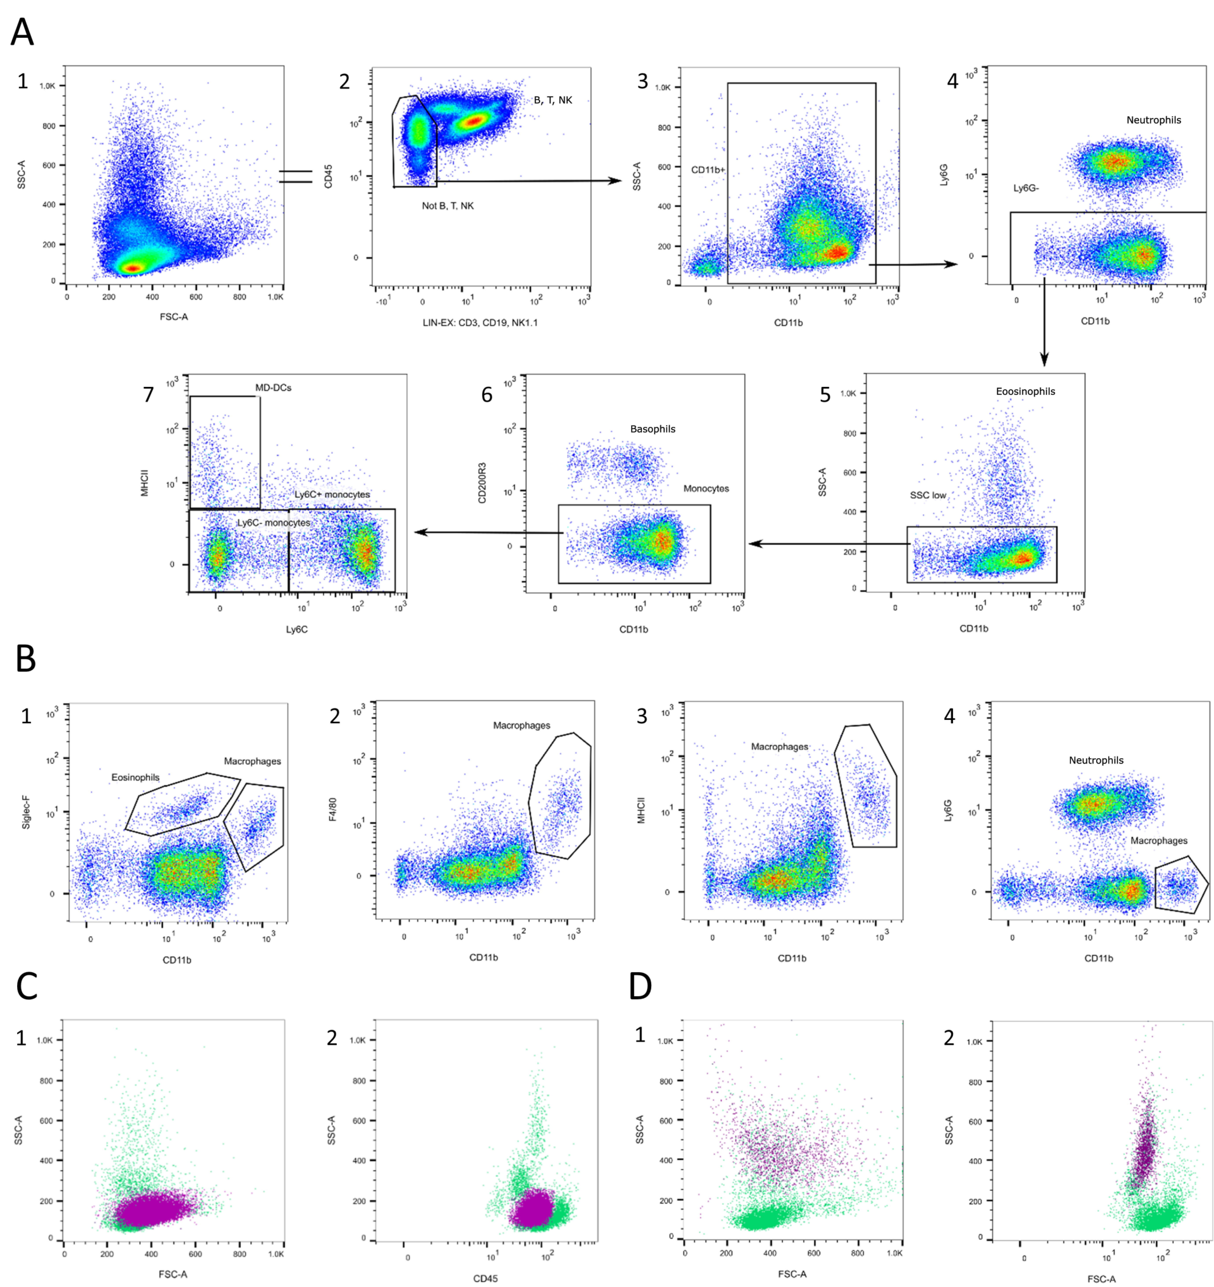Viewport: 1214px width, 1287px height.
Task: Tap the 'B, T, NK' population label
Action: [x=553, y=100]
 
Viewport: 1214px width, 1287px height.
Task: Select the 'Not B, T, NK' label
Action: [x=448, y=206]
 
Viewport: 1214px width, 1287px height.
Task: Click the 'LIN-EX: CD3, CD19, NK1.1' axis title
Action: [x=480, y=322]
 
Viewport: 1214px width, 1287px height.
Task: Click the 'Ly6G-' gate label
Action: [x=1026, y=188]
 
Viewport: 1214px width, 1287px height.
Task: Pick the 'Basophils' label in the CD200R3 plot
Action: [x=652, y=429]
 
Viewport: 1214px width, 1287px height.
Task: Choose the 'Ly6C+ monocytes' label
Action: [x=332, y=495]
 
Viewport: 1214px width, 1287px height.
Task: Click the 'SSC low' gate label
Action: [x=928, y=495]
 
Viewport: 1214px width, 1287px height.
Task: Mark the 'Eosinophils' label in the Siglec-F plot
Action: [x=135, y=777]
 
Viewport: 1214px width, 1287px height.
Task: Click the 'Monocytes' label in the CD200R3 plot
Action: [x=706, y=489]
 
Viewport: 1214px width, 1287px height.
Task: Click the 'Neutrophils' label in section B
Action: [x=1096, y=761]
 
